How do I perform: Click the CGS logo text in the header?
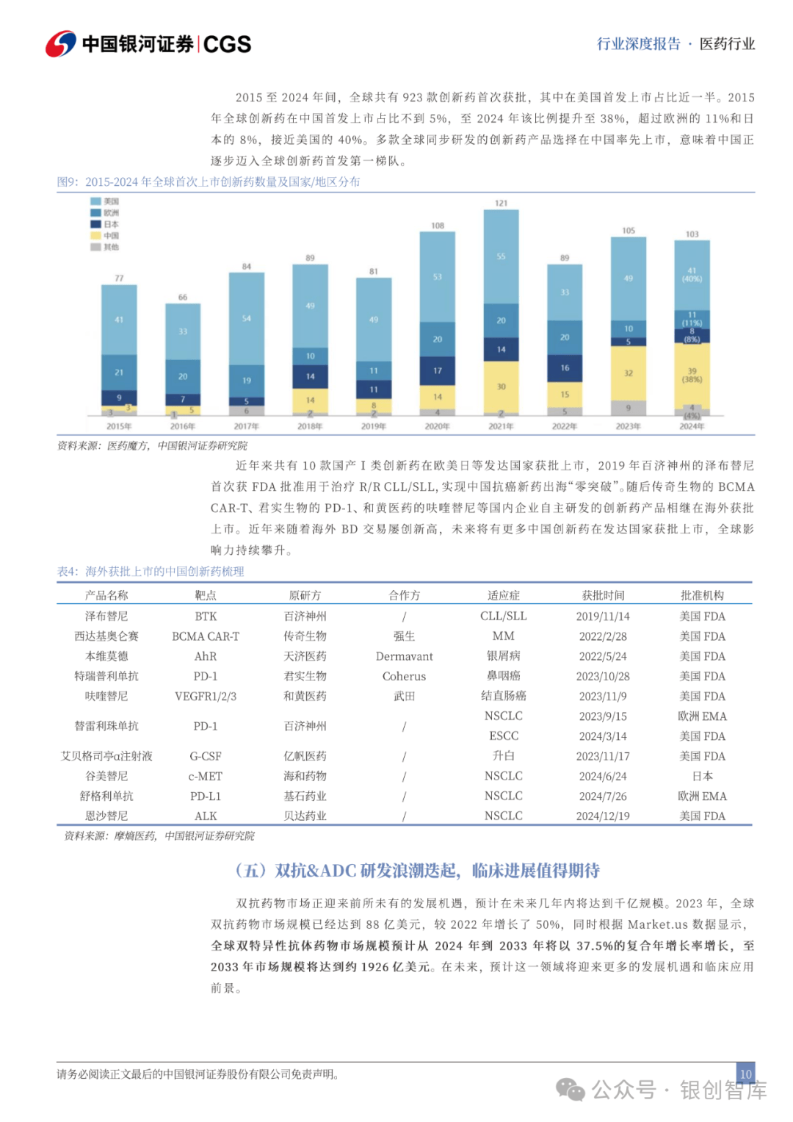coord(227,44)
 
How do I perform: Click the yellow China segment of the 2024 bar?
coord(692,374)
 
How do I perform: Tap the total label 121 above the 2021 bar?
coord(501,203)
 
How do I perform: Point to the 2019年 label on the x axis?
coord(374,426)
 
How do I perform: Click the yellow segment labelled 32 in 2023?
coord(629,373)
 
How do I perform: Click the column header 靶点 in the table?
coord(206,595)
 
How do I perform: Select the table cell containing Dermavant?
coord(404,656)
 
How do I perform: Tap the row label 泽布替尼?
coord(106,616)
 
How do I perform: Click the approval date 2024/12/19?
coord(602,816)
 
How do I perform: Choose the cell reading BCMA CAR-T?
coord(206,636)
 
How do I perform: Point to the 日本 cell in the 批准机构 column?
coord(702,776)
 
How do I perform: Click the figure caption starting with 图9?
coord(209,181)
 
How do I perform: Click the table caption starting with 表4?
coord(151,571)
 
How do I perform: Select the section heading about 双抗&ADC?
coord(417,871)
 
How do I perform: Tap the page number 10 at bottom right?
coord(745,1074)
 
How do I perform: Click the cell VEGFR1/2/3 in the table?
coord(206,696)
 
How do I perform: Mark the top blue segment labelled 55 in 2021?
coord(501,256)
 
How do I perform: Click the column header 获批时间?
coord(603,595)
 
